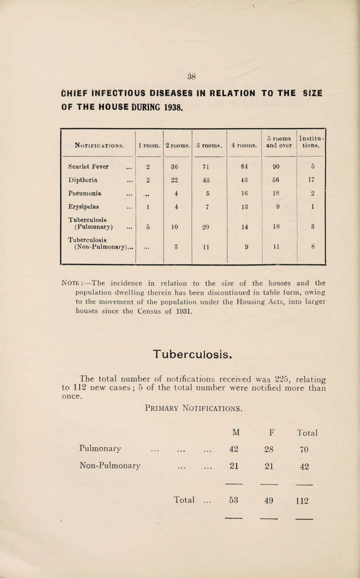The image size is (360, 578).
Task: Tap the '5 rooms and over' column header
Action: click(279, 142)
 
